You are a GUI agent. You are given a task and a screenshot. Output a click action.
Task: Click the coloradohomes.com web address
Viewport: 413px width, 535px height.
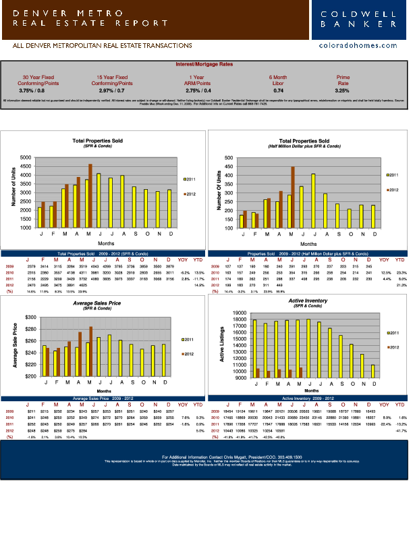(x=358, y=45)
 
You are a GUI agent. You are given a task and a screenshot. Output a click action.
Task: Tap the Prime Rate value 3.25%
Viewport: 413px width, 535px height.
(x=341, y=90)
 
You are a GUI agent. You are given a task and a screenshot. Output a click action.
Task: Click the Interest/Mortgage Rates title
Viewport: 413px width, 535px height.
(x=206, y=64)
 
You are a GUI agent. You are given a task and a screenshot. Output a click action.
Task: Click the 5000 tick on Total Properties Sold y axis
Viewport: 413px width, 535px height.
(x=26, y=157)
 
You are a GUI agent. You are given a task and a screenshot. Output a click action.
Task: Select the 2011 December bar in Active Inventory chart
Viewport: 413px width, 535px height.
(x=373, y=371)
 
